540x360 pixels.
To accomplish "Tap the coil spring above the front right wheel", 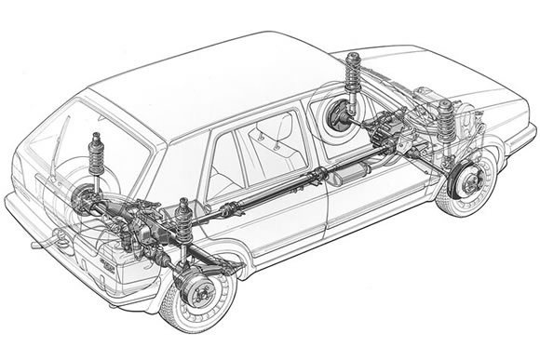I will pos(447,121).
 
